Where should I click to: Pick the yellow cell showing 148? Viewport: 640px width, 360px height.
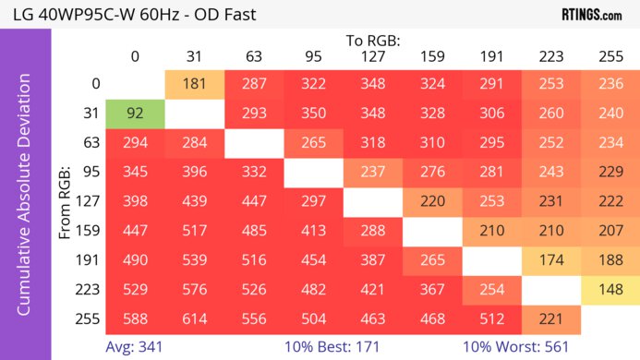pyautogui.click(x=610, y=291)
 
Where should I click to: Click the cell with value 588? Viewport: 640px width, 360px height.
pyautogui.click(x=135, y=320)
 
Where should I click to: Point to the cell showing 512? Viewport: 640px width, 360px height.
pyautogui.click(x=491, y=320)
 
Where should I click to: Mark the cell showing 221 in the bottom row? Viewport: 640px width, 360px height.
pyautogui.click(x=551, y=320)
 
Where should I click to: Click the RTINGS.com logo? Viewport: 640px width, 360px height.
pyautogui.click(x=591, y=14)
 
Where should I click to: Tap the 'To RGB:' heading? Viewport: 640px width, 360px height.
pyautogui.click(x=372, y=41)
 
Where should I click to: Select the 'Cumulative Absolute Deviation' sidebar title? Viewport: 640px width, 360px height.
pyautogui.click(x=25, y=202)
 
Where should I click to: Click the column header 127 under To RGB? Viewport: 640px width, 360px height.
pyautogui.click(x=372, y=56)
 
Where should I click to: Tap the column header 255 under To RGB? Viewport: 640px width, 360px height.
pyautogui.click(x=610, y=56)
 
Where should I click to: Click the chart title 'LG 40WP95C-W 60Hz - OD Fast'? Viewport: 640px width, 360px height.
pyautogui.click(x=129, y=15)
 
